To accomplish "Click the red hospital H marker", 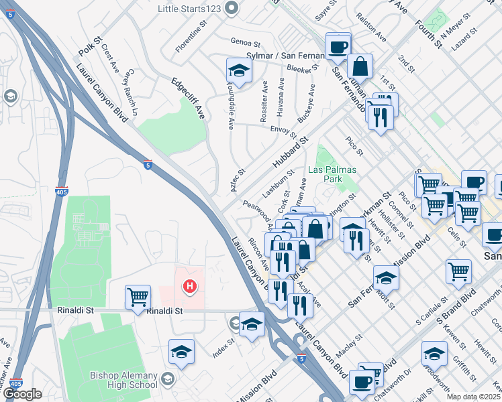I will pos(191,287).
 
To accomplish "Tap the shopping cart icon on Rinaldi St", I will pos(138,296).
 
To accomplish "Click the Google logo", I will pos(22,394).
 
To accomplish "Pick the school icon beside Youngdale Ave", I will pos(238,70).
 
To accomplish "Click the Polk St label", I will pos(88,46).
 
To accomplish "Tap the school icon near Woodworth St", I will pos(434,353).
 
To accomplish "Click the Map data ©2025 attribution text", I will pos(474,397).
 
